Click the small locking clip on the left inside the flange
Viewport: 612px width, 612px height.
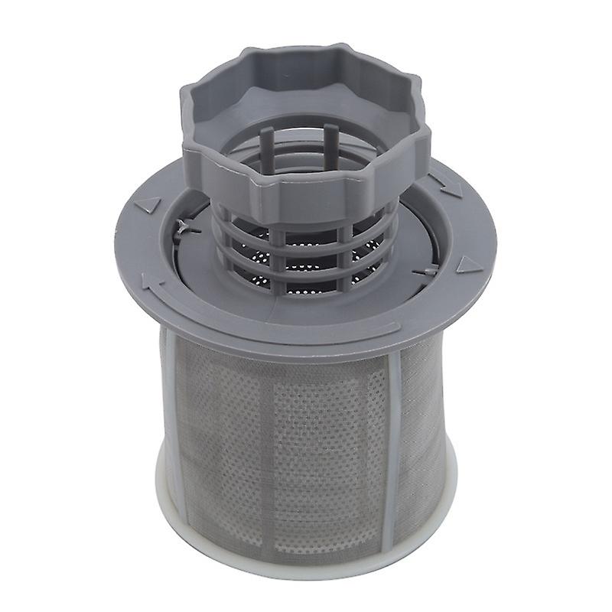coord(184,224)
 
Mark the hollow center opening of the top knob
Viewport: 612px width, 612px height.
coord(306,115)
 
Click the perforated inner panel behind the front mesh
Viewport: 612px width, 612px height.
coord(321,428)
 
